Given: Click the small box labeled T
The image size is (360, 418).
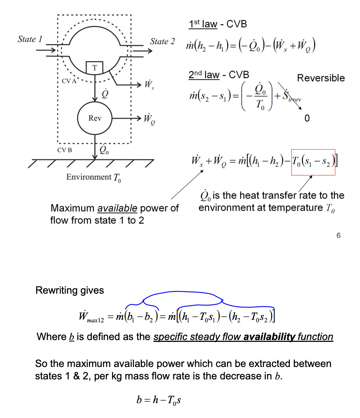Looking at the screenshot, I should click(94, 68).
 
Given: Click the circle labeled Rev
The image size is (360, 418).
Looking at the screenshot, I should click(95, 118).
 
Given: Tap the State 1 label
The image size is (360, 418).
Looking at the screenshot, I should click(30, 39).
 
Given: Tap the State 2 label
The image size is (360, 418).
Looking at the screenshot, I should click(162, 41).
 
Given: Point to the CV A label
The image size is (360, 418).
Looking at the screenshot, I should click(69, 81).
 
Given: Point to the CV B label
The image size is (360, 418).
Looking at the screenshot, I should click(64, 150).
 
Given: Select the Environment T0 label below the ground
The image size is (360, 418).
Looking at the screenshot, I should click(94, 177).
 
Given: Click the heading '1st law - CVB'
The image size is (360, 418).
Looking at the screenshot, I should click(218, 24).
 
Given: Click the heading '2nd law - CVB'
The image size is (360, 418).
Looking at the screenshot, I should click(219, 75).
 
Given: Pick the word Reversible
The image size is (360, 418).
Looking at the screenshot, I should click(321, 78).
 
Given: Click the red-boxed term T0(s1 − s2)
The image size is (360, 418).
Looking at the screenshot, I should click(313, 162).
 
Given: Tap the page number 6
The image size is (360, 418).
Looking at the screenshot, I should click(338, 235).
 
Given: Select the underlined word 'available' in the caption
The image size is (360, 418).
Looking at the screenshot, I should click(117, 208).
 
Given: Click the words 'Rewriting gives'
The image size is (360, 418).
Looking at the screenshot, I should click(70, 290).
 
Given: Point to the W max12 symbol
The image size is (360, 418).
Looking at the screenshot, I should click(91, 316).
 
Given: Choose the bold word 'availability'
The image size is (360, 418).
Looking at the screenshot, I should click(269, 337).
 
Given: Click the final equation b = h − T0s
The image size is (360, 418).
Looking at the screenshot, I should click(159, 400).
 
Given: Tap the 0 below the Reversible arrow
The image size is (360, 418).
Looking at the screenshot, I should click(307, 118).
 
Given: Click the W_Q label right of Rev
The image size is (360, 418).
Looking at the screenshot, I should click(149, 119).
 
